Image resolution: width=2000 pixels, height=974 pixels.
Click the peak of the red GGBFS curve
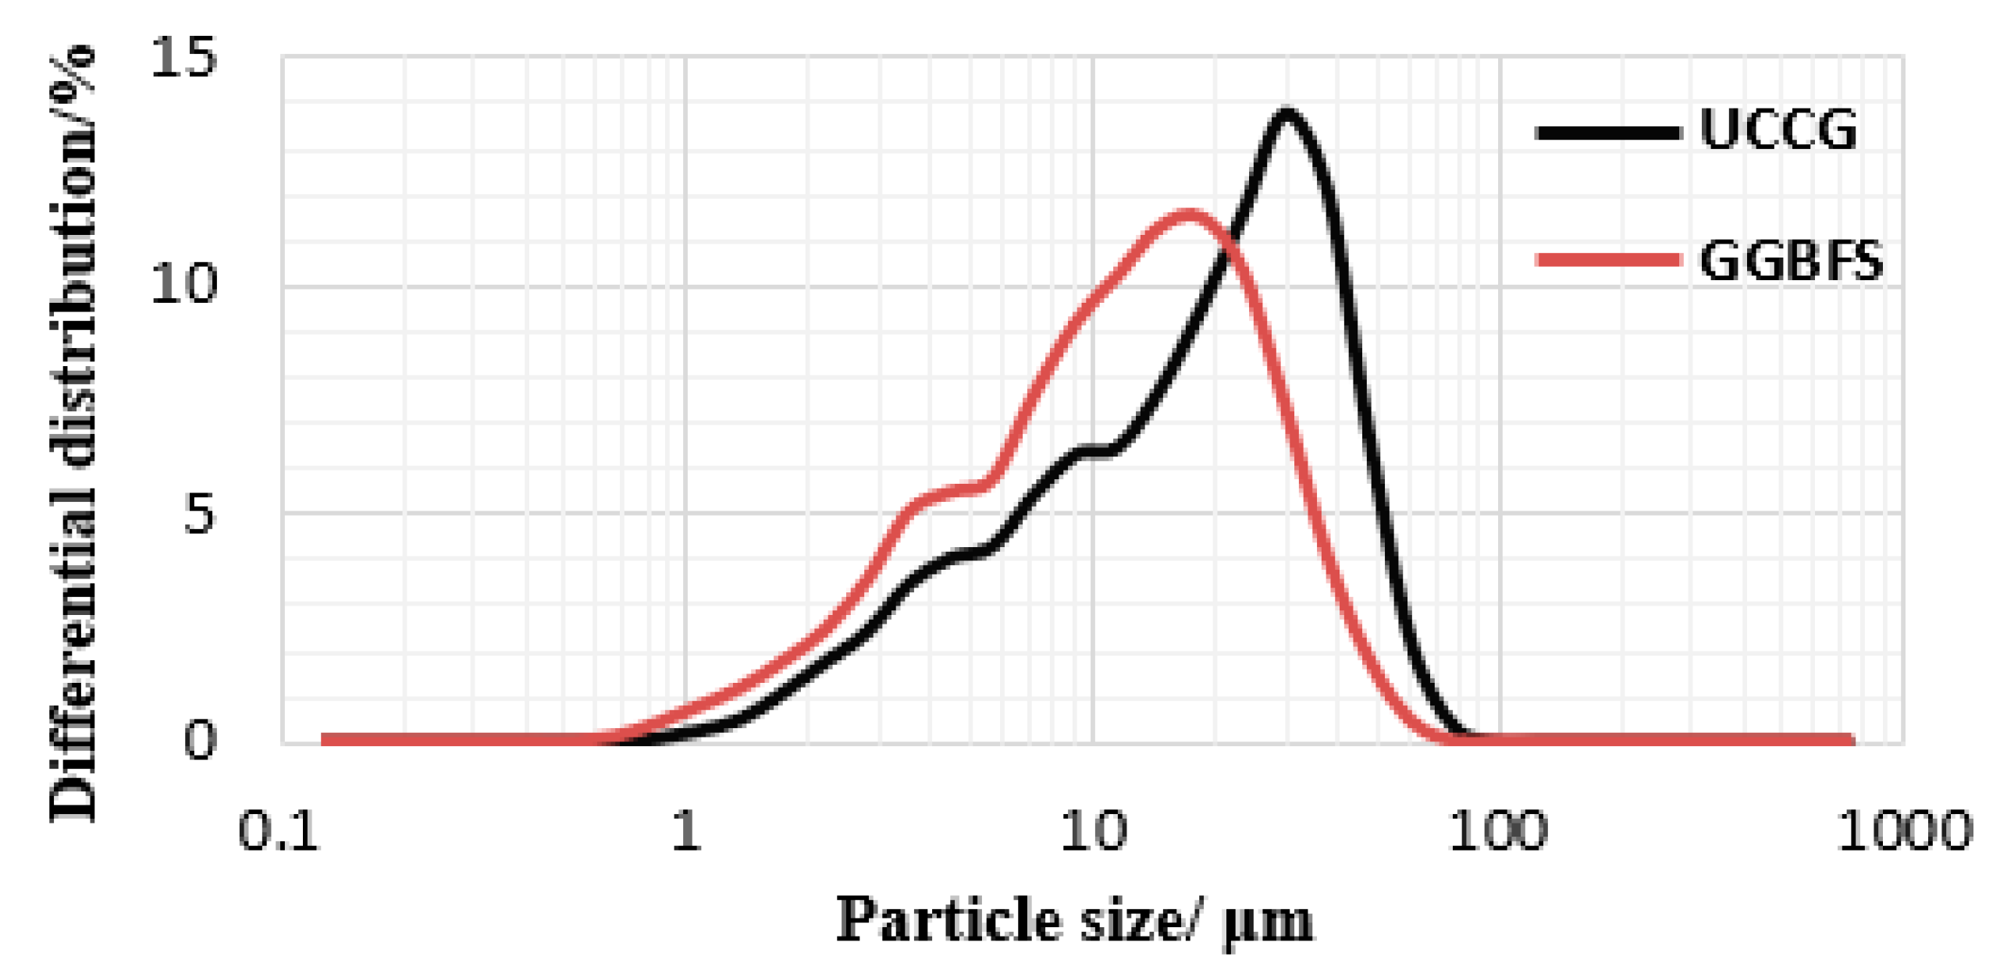pos(1188,214)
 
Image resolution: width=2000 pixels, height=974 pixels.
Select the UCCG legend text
pos(1778,130)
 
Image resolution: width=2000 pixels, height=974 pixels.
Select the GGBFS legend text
pos(1790,261)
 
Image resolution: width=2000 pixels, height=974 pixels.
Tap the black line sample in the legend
pos(1607,133)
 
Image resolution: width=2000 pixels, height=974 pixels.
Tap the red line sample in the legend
pos(1607,260)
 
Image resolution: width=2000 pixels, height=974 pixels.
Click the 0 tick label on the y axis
pos(198,739)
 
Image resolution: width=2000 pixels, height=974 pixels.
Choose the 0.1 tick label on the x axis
pos(279,831)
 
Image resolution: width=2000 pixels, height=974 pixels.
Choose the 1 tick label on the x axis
pos(685,831)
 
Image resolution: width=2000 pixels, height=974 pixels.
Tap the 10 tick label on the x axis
pos(1092,831)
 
